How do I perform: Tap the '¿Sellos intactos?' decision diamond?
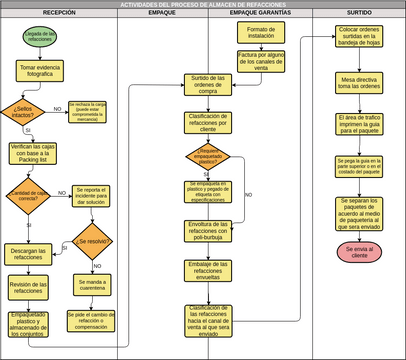[23, 110]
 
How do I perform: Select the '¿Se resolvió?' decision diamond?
[91, 241]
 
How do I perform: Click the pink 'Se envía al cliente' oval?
[358, 251]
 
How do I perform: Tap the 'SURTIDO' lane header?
[358, 14]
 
